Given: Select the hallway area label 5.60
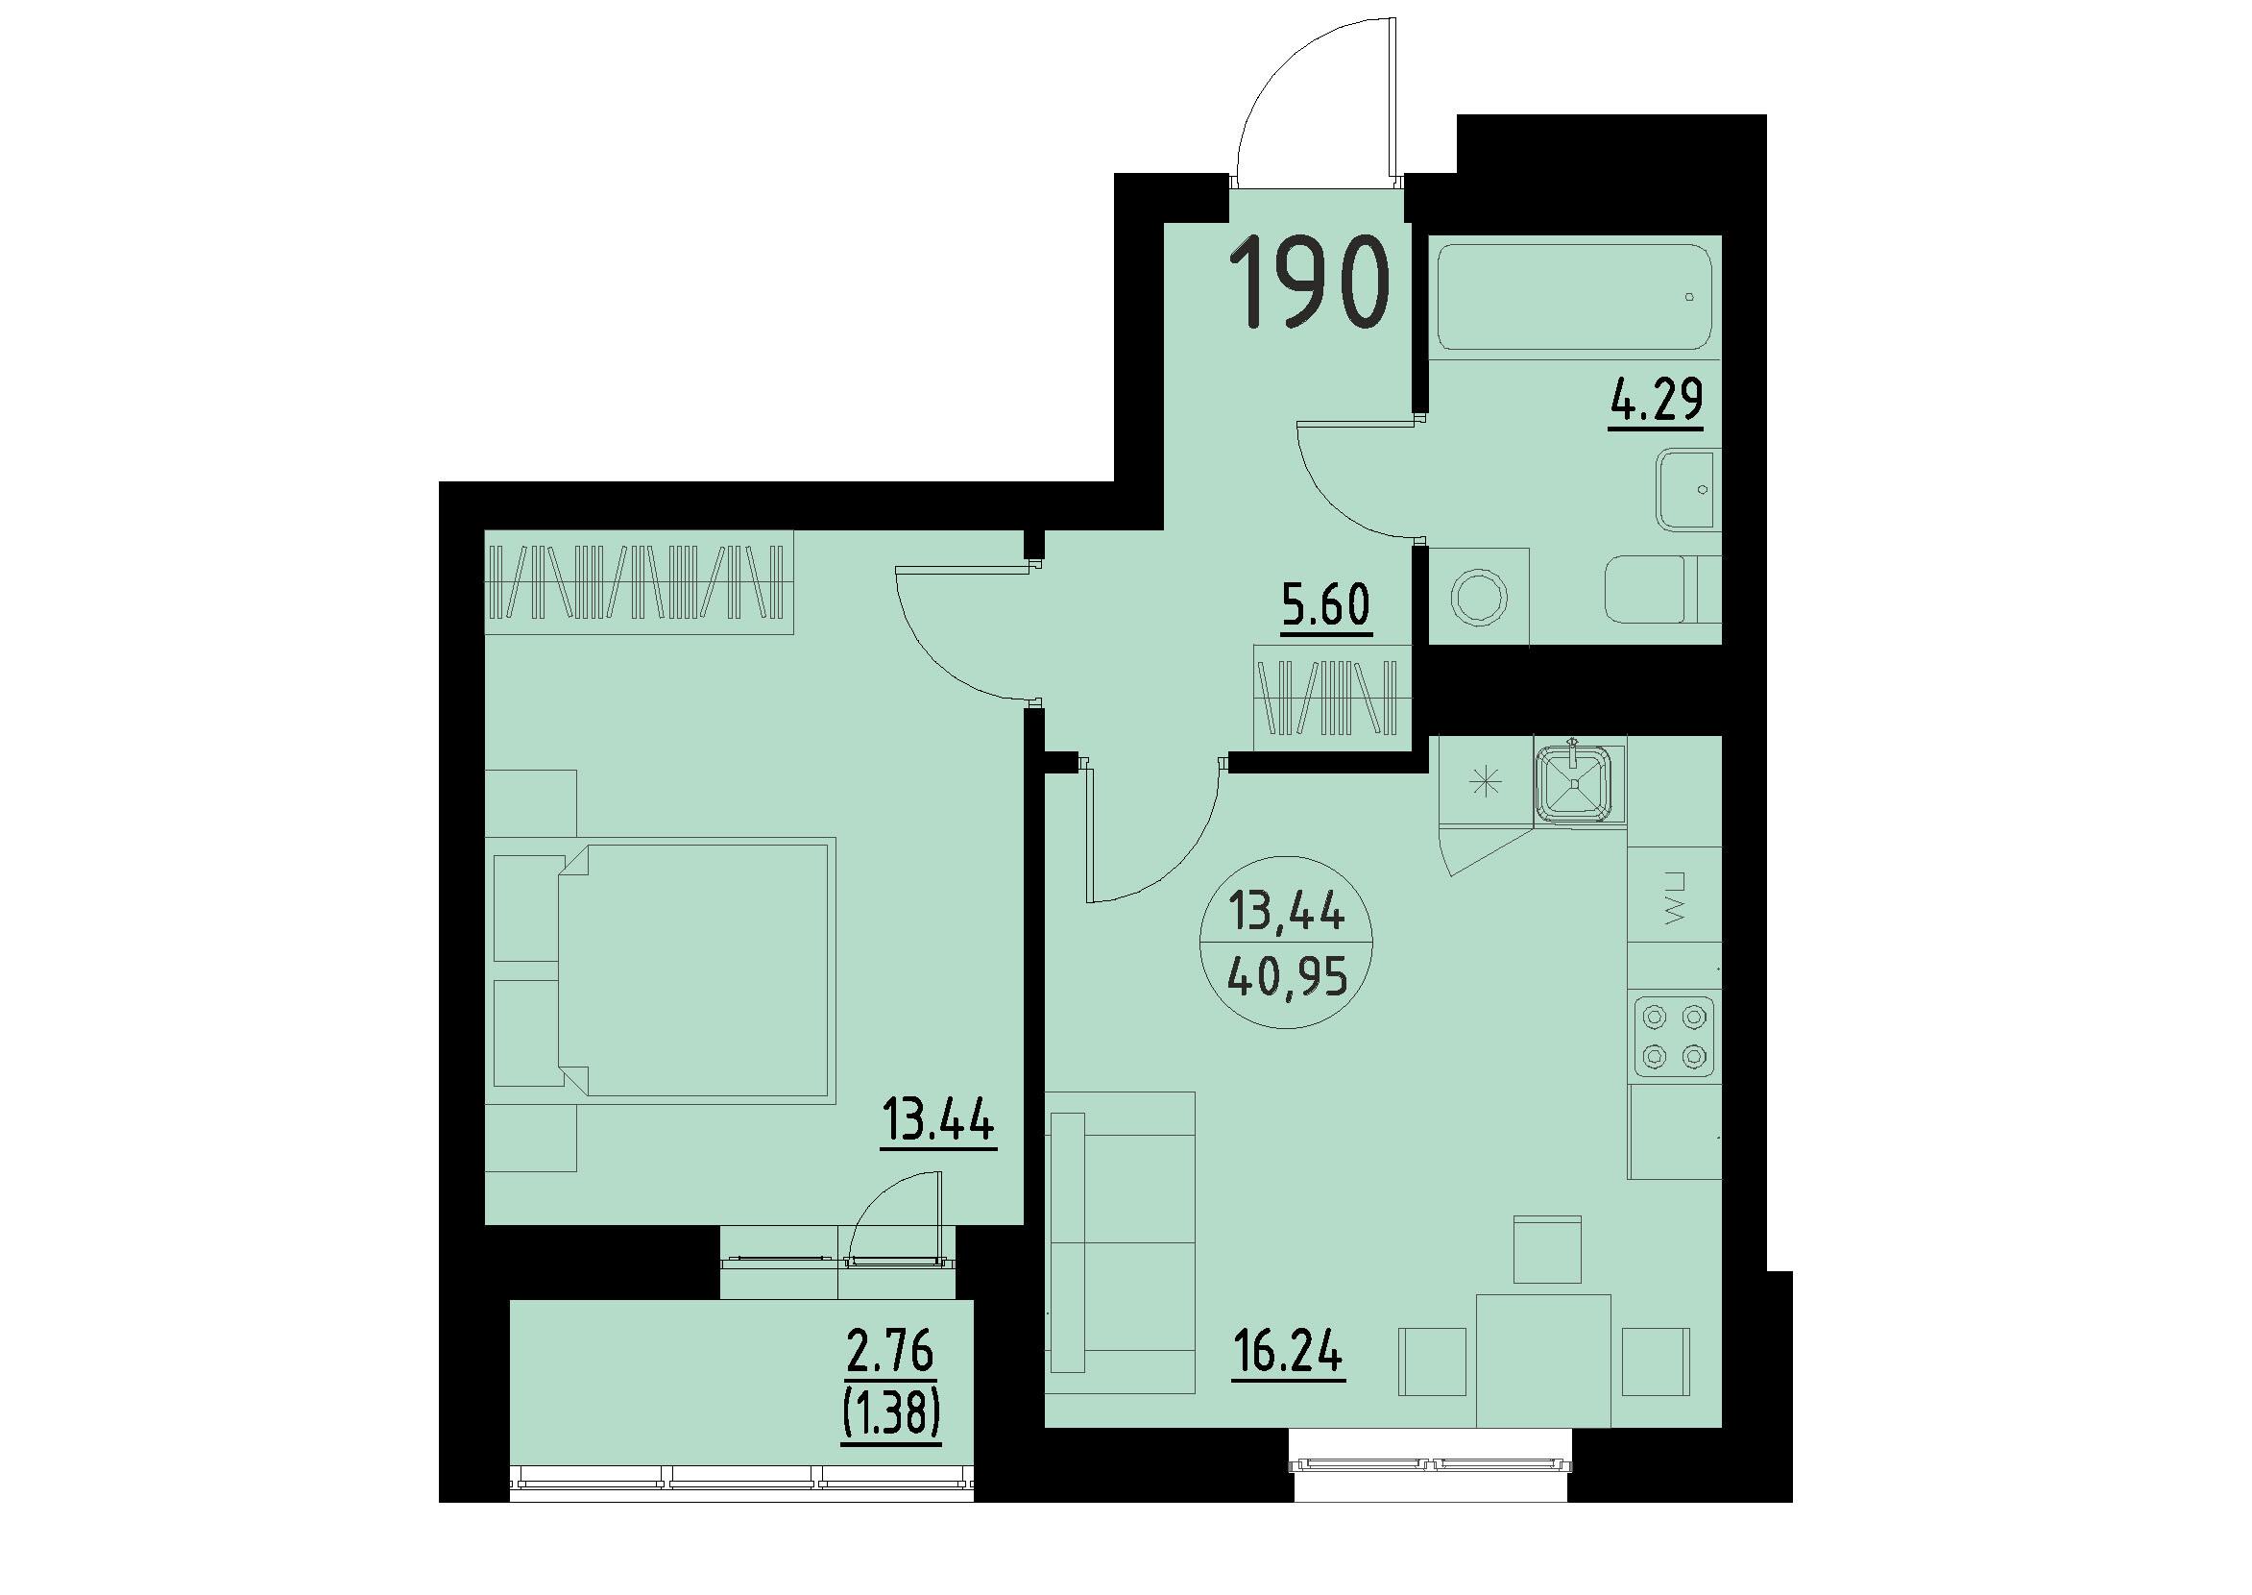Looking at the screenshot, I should coord(1325,605).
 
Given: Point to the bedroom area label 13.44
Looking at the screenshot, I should coord(938,1120).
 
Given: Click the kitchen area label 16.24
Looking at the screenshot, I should coord(1288,1354).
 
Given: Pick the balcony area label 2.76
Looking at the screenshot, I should coord(889,1352).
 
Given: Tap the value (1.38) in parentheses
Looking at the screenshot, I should coord(890,1414).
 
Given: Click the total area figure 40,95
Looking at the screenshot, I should coord(1287,978).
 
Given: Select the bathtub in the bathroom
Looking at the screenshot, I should coord(1574,297).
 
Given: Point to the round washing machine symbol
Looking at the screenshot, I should coord(1478,597).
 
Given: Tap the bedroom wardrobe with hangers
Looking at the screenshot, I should coord(639,582).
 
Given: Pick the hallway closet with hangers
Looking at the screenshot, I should coord(1332,698).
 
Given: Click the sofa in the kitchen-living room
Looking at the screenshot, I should coord(1122,1242).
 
